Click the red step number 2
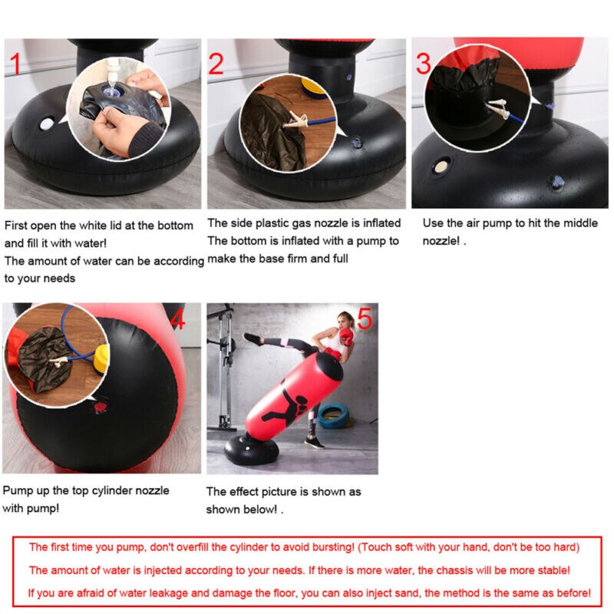coord(216,64)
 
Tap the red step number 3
coord(424,63)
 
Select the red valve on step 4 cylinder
coord(99,409)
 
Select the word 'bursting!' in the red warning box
coord(331,547)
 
